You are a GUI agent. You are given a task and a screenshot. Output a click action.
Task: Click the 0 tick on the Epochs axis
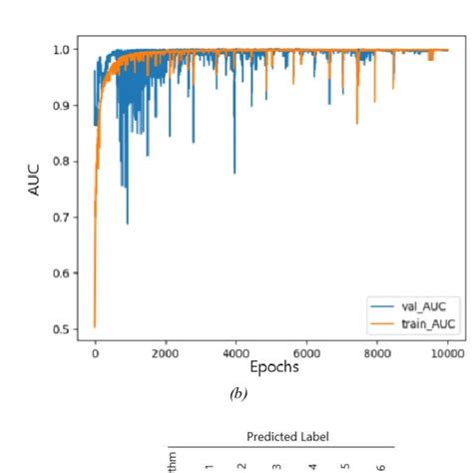pyautogui.click(x=95, y=352)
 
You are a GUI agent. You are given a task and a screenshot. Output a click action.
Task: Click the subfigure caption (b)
pyautogui.click(x=237, y=394)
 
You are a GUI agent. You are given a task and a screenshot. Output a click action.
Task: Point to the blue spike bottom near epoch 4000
pyautogui.click(x=235, y=172)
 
